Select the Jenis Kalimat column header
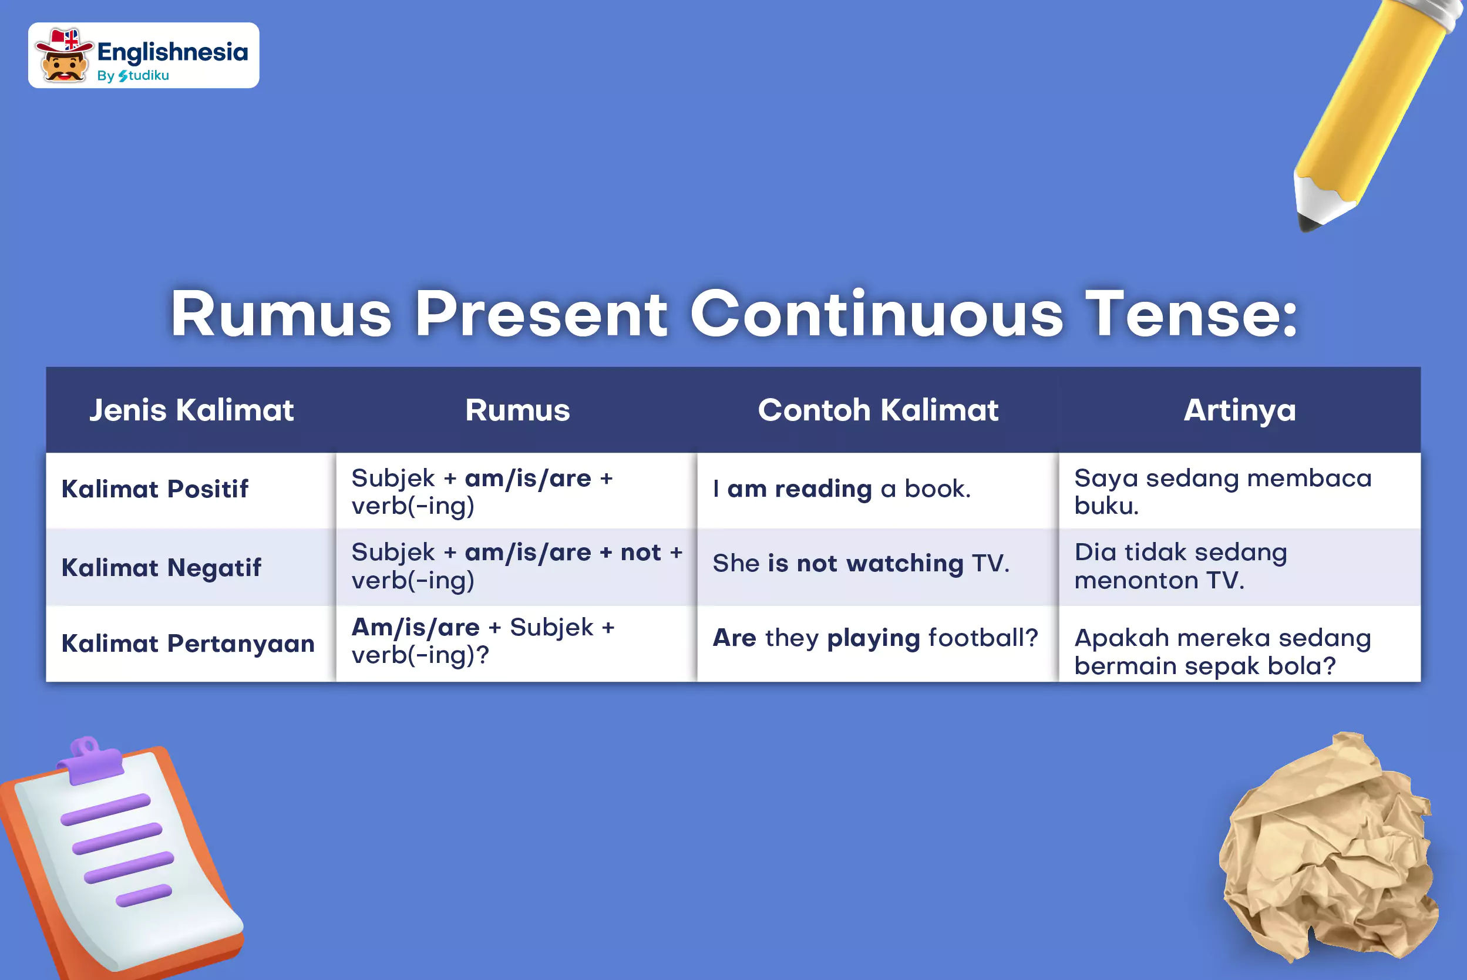[x=191, y=410]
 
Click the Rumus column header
[x=517, y=410]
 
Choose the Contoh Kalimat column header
[x=878, y=410]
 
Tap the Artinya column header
[x=1240, y=410]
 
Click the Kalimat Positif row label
[x=155, y=489]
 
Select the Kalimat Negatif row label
[x=161, y=567]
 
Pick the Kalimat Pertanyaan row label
[x=187, y=643]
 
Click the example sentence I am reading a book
[x=842, y=488]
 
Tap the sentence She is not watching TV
[x=861, y=563]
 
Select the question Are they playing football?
[x=875, y=638]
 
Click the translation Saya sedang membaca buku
[x=1223, y=492]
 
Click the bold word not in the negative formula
[x=641, y=553]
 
